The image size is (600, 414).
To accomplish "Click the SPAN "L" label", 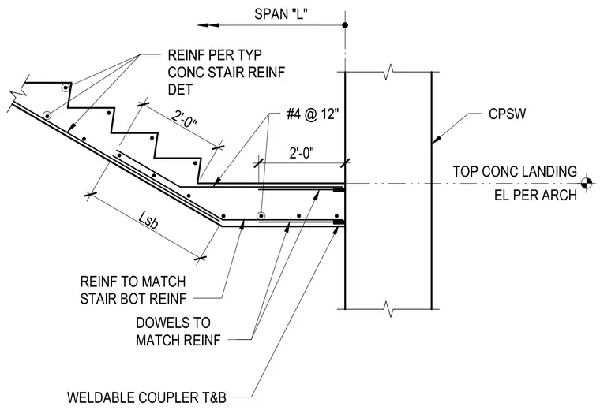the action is [281, 13].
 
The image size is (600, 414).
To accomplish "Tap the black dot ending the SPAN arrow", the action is [345, 25].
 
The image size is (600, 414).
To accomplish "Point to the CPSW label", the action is [508, 114].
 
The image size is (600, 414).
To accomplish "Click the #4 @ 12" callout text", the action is [313, 114].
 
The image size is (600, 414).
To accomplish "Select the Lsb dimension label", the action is [148, 221].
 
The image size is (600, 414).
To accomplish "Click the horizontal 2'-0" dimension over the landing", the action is [302, 153].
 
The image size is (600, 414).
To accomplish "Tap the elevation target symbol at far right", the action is [587, 183].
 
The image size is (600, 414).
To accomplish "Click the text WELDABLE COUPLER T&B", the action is [147, 397].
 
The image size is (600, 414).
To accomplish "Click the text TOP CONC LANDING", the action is [515, 171].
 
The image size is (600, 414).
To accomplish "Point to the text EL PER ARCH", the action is [536, 195].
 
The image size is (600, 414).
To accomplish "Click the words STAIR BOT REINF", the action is [133, 299].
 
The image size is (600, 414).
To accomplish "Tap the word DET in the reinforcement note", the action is [180, 89].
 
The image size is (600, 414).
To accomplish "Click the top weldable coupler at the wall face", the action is [339, 189].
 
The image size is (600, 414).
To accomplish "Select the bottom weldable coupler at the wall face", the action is [339, 222].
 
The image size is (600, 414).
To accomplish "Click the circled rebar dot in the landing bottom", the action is [261, 216].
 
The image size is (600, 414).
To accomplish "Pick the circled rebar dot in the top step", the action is [66, 88].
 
